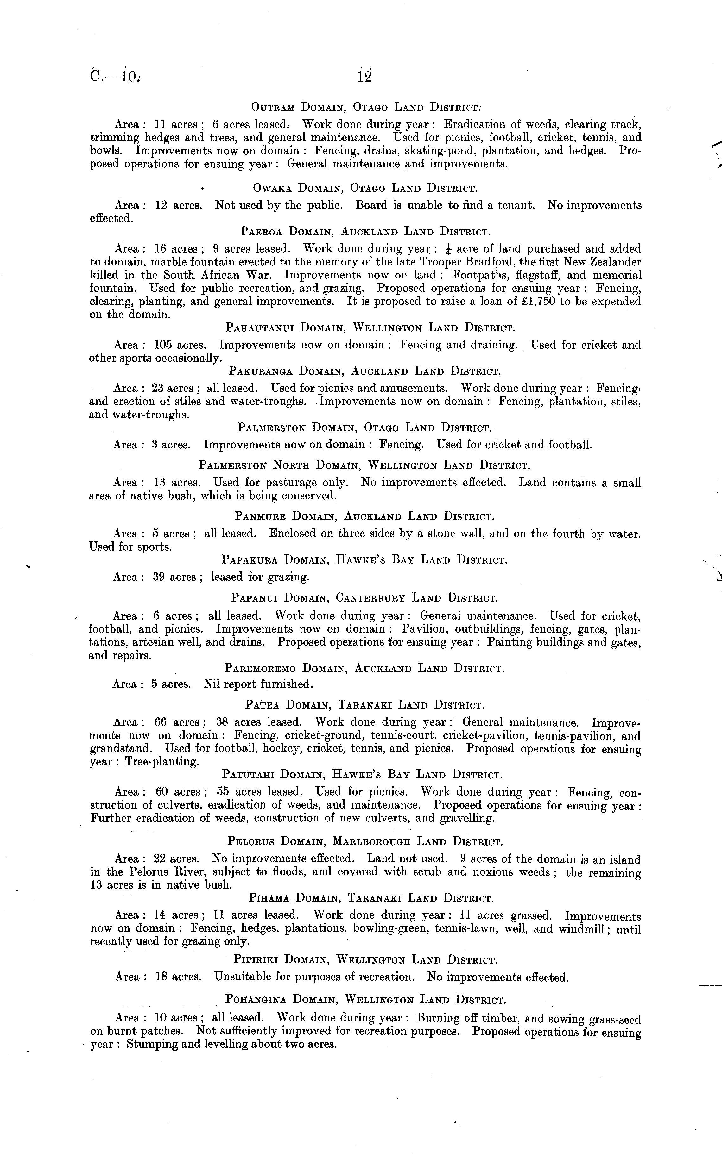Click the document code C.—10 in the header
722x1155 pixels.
(x=115, y=77)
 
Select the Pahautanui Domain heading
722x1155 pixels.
(x=370, y=328)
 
